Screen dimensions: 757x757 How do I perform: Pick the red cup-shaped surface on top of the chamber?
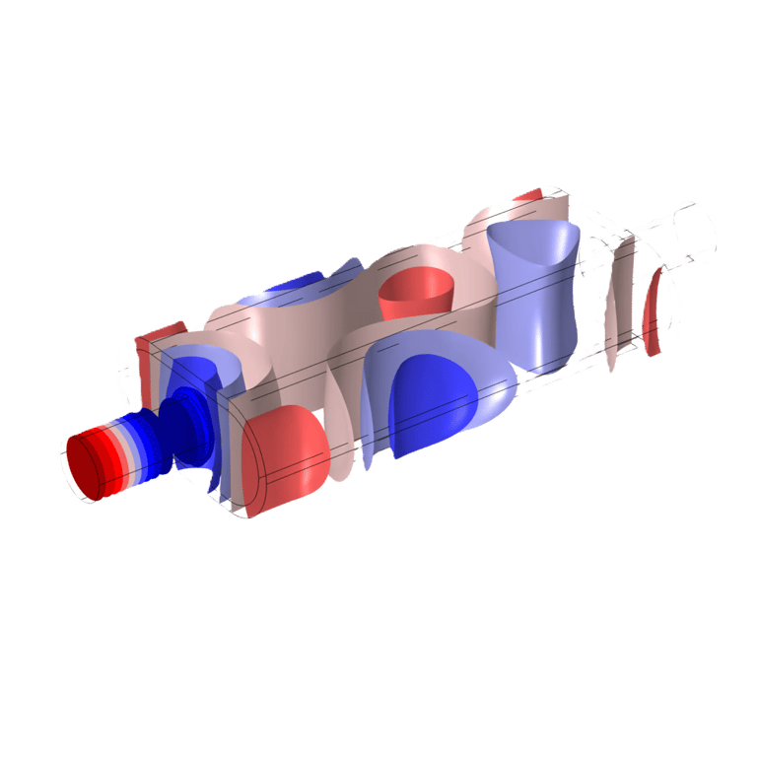[x=415, y=290]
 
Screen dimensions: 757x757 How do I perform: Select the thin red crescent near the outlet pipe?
[x=653, y=311]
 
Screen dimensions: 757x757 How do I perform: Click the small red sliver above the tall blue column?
[x=528, y=195]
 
